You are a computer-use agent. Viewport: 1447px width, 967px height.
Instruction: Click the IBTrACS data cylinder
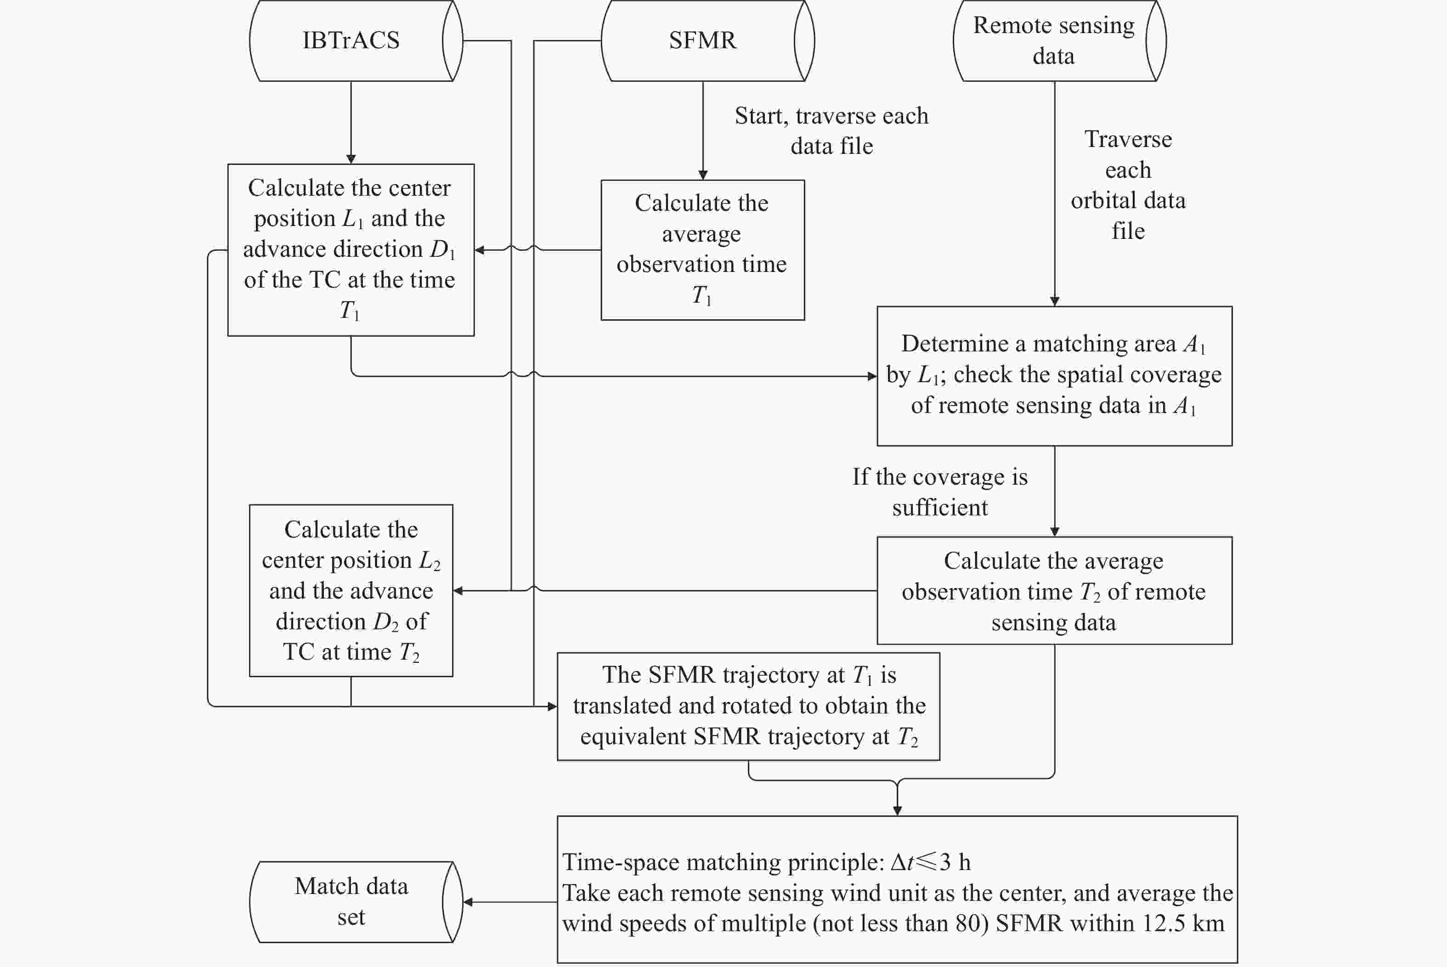[351, 41]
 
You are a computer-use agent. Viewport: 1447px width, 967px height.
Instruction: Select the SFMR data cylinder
[703, 41]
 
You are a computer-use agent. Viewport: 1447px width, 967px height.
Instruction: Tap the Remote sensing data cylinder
[1054, 41]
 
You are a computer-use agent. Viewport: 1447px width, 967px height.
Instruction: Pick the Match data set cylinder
[351, 902]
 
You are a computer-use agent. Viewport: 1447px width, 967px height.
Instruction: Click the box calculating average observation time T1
[703, 250]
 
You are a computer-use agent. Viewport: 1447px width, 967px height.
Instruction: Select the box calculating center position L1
[351, 250]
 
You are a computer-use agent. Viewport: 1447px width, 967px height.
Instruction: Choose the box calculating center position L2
[351, 590]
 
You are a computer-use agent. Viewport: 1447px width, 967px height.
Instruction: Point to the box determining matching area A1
[1054, 376]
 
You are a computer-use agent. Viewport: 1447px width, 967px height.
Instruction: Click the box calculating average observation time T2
[1054, 590]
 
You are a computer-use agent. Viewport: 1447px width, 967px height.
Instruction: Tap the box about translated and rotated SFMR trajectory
[748, 706]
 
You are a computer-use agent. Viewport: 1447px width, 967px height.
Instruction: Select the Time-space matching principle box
[897, 889]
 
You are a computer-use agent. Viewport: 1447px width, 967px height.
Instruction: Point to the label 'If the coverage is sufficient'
[939, 492]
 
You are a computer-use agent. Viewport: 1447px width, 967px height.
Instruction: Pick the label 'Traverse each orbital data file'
[1128, 185]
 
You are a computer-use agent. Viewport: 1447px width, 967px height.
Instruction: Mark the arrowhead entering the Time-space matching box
[897, 810]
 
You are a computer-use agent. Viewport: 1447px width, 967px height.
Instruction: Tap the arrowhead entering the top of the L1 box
[351, 159]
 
